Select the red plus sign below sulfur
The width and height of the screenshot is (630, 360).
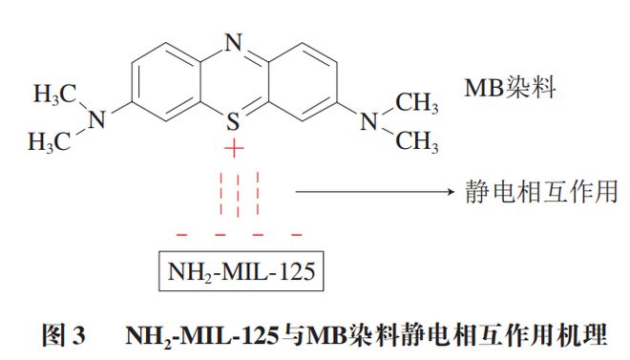[234, 152]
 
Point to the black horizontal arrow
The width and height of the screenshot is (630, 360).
[371, 193]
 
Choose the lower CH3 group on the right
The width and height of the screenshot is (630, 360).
[417, 142]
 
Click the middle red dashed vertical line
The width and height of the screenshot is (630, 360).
[236, 196]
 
